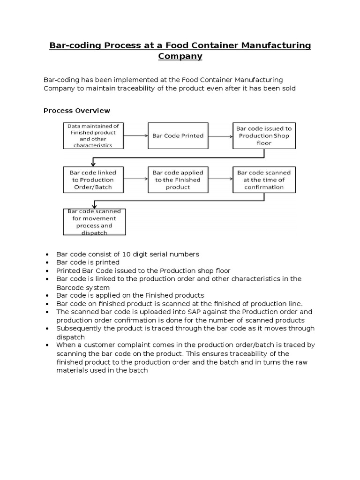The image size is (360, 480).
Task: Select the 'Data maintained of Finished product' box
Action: coord(93,136)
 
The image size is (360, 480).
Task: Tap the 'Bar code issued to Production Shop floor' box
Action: coord(264,136)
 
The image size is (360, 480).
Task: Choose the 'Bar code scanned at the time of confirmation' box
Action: coord(264,180)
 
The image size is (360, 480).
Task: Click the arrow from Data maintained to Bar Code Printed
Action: coord(136,136)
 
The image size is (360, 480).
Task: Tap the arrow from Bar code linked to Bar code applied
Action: coord(136,180)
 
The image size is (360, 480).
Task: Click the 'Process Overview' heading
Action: coord(77,111)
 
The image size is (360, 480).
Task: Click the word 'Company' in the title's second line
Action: coord(180,56)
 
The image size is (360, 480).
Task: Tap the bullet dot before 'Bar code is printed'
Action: coord(47,262)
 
